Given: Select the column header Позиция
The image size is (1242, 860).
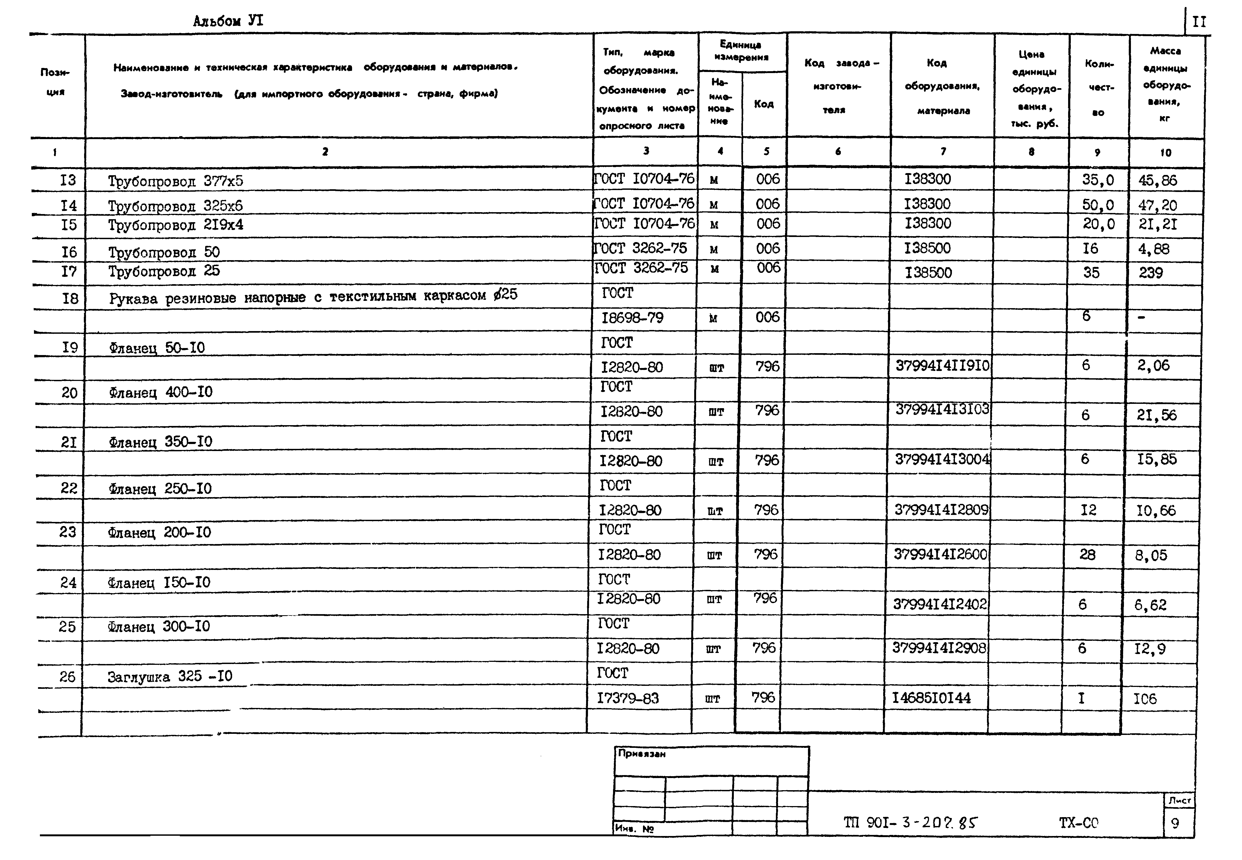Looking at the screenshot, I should pos(56,82).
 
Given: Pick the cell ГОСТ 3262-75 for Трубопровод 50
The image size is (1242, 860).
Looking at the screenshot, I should pos(641,248).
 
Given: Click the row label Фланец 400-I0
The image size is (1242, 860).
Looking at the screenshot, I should pos(161,392).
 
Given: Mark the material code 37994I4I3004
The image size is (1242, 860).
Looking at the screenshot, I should pos(942,460).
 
